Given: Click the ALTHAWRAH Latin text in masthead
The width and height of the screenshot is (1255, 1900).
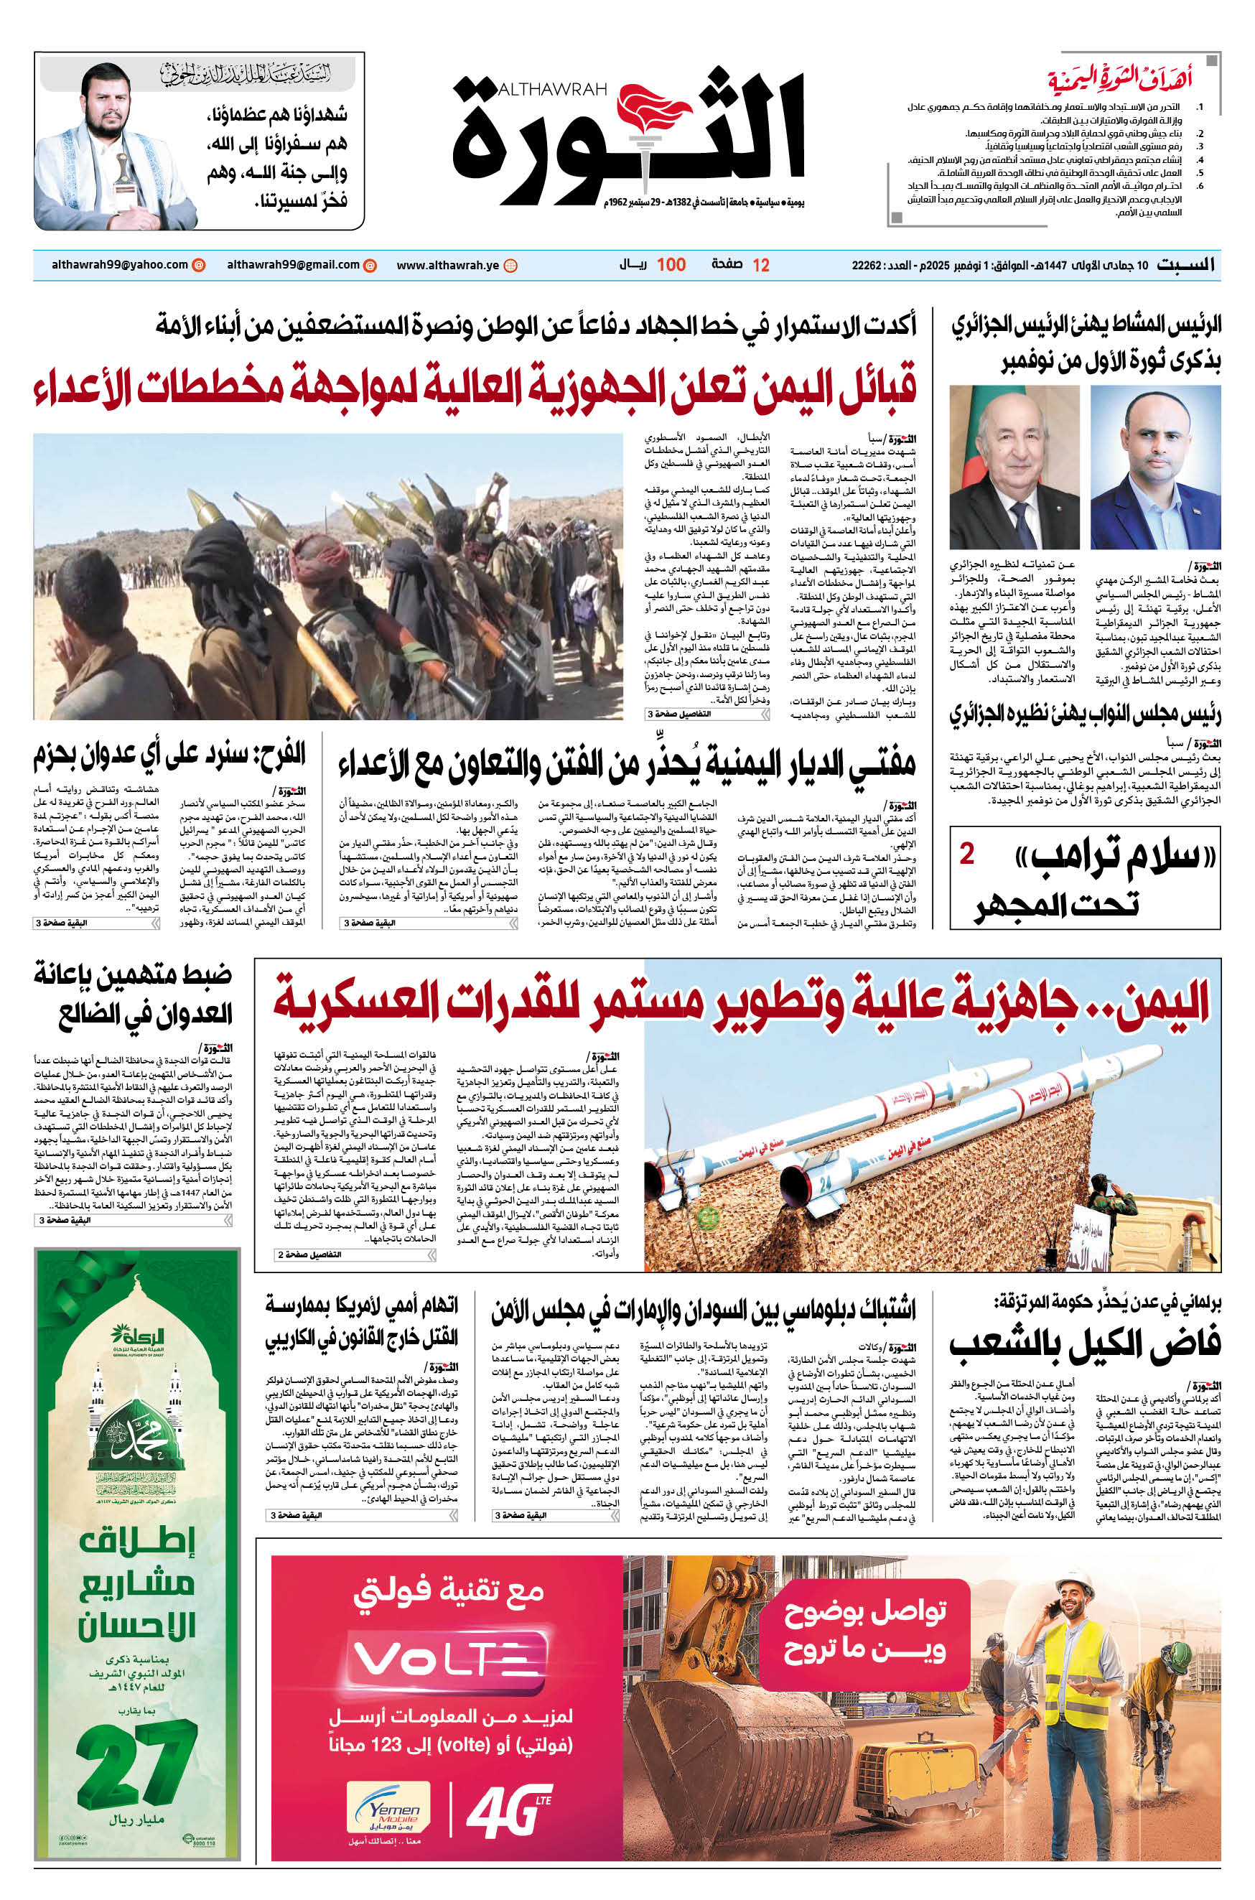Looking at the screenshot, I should tap(552, 89).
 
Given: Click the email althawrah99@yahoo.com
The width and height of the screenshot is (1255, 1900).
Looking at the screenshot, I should tap(120, 265).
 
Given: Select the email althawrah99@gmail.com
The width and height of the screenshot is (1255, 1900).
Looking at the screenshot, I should tap(293, 265).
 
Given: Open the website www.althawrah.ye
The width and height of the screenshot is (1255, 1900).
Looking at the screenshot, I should tap(447, 266).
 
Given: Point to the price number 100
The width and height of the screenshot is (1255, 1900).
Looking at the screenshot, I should tap(671, 265).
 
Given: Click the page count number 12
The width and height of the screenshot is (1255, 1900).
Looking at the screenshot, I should tap(760, 266).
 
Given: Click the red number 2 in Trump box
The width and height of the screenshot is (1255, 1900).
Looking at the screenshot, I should tap(967, 854).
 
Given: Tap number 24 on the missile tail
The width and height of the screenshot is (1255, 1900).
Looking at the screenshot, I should tap(825, 1183).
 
